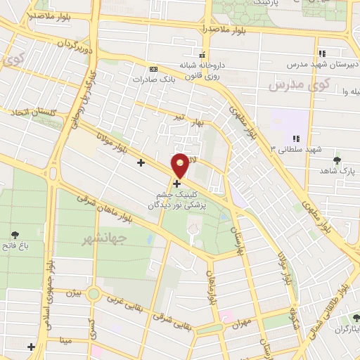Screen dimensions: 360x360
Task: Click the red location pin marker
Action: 181,165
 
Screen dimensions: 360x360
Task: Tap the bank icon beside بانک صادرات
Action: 154,69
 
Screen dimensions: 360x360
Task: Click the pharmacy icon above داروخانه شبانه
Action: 202,56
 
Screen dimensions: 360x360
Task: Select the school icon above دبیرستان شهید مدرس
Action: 322,53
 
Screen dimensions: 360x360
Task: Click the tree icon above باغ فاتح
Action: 15,236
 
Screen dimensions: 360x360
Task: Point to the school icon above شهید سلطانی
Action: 296,139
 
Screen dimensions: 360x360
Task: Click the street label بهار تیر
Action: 188,122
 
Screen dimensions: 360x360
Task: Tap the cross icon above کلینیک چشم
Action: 176,185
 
